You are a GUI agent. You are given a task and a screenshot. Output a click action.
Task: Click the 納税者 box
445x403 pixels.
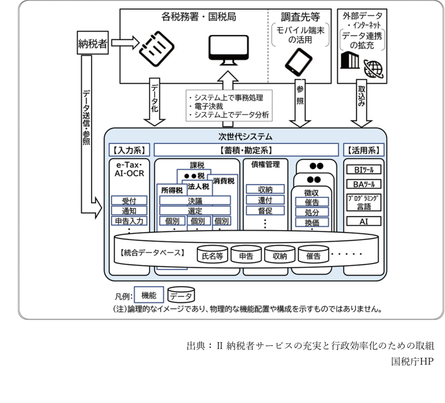pyautogui.click(x=93, y=43)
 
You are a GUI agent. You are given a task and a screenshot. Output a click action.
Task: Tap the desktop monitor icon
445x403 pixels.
pyautogui.click(x=227, y=48)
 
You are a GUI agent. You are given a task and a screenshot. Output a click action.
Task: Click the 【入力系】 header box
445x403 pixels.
pyautogui.click(x=128, y=150)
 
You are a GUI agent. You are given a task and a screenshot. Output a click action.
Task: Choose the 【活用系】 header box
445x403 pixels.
pyautogui.click(x=364, y=150)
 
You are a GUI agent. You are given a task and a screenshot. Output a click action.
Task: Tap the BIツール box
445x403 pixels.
pyautogui.click(x=364, y=170)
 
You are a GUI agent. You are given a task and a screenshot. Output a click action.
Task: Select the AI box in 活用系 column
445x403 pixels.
pyautogui.click(x=364, y=221)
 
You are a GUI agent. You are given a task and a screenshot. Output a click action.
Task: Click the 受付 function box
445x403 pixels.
pyautogui.click(x=129, y=201)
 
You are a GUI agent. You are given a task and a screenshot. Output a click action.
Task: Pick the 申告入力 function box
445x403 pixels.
pyautogui.click(x=129, y=221)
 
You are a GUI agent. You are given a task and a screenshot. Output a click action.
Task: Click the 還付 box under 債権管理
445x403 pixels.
pyautogui.click(x=265, y=200)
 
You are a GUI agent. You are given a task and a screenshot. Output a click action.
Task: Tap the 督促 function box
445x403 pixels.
pyautogui.click(x=265, y=211)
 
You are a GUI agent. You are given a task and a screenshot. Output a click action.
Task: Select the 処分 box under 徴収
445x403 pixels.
pyautogui.click(x=312, y=212)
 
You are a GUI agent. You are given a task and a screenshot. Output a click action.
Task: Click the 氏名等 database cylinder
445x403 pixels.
pyautogui.click(x=213, y=255)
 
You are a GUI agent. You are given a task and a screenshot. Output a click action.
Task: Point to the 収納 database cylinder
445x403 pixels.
pyautogui.click(x=280, y=255)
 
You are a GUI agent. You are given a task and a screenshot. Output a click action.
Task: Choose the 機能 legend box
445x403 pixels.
pyautogui.click(x=149, y=295)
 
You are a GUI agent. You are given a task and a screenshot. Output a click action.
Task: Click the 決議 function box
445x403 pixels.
pyautogui.click(x=195, y=201)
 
